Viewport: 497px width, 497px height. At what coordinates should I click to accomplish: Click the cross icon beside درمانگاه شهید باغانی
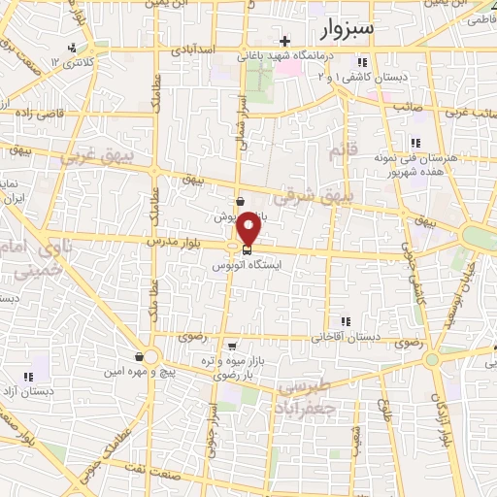click(x=283, y=41)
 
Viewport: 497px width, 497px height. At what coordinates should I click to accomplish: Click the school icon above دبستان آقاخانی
click(x=344, y=322)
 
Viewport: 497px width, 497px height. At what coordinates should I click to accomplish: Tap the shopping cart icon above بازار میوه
click(x=232, y=345)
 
